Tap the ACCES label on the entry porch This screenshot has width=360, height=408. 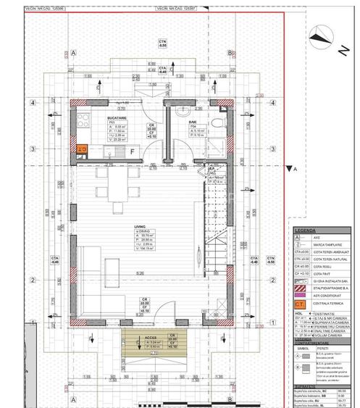coord(151,338)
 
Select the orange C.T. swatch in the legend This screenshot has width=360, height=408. coord(299,305)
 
